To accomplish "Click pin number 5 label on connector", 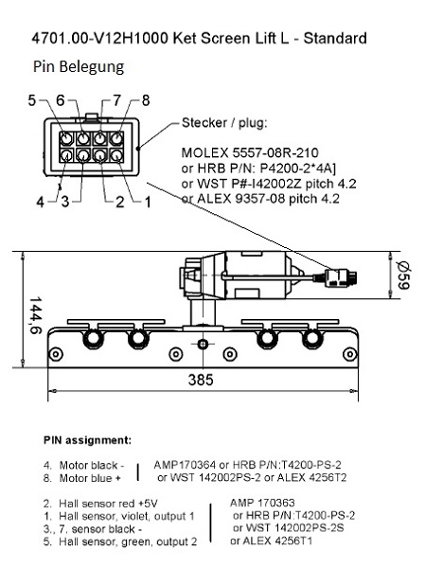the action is click(32, 100).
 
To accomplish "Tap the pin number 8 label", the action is click(146, 100).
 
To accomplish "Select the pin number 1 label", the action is click(148, 202).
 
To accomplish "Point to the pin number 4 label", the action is click(40, 202).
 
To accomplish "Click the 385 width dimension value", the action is click(201, 380).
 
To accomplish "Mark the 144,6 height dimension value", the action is click(36, 315).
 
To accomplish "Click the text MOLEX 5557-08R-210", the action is click(250, 152).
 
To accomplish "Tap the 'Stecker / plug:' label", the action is click(224, 123).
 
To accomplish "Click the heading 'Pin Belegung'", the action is click(79, 67).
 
